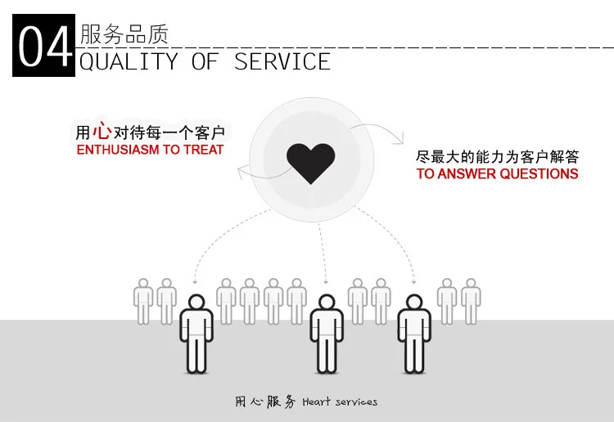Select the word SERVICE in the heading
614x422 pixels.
[282, 61]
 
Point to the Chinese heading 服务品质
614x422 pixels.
[124, 34]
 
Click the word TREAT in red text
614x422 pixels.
[204, 150]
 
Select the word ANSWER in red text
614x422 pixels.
[467, 173]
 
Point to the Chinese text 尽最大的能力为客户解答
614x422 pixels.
[497, 154]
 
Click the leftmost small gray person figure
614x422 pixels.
[144, 300]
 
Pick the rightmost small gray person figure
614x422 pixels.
[471, 300]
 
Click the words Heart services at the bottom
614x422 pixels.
[340, 402]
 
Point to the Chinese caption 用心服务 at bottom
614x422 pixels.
[265, 402]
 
